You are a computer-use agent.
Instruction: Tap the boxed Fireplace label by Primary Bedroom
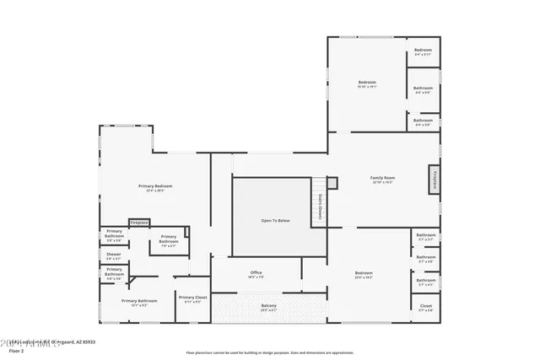coord(139,223)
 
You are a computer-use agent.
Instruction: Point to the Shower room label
coord(113,255)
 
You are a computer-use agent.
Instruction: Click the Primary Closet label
coord(192,299)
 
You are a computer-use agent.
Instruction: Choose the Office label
coord(256,274)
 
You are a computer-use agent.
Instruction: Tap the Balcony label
coord(267,307)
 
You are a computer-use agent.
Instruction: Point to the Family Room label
coord(382,180)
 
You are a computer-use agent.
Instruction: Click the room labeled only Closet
coord(425,308)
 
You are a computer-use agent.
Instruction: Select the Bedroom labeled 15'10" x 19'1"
coord(367,83)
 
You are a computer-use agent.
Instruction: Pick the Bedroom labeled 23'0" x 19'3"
coord(364,275)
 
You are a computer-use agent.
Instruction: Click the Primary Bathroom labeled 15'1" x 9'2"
coord(139,302)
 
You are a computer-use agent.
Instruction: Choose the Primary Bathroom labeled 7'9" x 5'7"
coord(168,242)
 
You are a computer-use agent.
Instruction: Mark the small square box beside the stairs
coord(332,182)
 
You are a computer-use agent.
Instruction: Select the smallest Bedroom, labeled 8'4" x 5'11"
coord(423,53)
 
